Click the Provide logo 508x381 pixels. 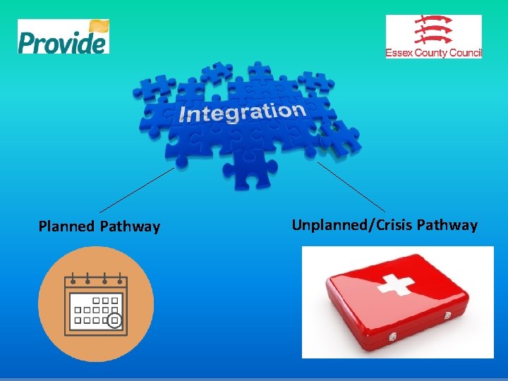pyautogui.click(x=63, y=37)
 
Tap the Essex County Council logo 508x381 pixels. pyautogui.click(x=433, y=37)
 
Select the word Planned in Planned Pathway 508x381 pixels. pyautogui.click(x=67, y=226)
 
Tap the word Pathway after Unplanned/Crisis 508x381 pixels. pyautogui.click(x=447, y=225)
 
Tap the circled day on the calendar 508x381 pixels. pyautogui.click(x=114, y=321)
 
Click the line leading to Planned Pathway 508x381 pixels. pyautogui.click(x=136, y=189)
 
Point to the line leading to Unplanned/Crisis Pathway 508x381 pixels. pyautogui.click(x=351, y=187)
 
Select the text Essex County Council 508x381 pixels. pyautogui.click(x=433, y=53)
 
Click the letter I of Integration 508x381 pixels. pyautogui.click(x=182, y=116)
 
